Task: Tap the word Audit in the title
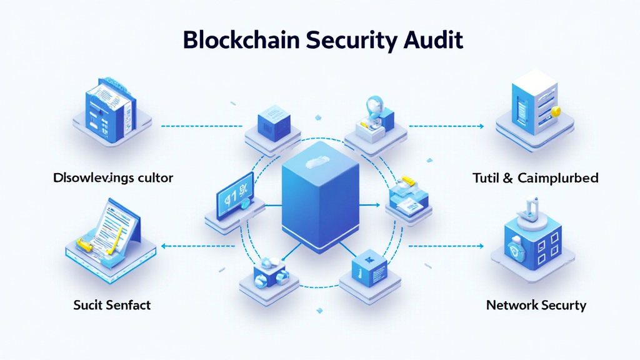click(431, 39)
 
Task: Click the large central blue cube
click(321, 200)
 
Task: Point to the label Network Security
click(536, 305)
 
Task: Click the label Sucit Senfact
click(111, 305)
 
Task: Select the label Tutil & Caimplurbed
click(536, 178)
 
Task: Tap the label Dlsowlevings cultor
click(113, 178)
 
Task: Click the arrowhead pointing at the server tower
click(481, 126)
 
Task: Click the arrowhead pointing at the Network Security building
click(481, 246)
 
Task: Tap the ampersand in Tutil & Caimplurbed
click(507, 178)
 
